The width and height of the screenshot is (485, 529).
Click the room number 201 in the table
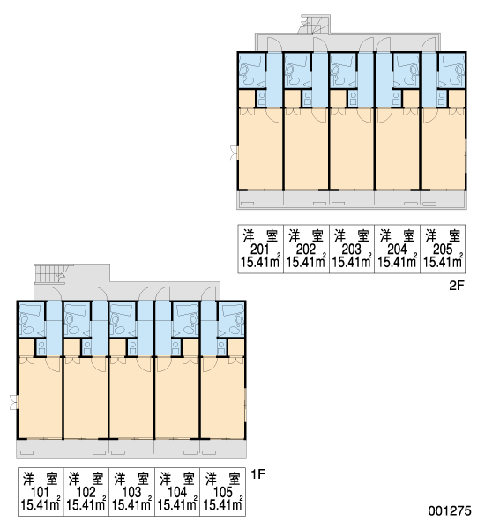(260, 250)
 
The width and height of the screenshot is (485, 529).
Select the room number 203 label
(351, 250)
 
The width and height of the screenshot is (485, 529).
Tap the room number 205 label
(443, 250)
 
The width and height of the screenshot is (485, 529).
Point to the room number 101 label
(40, 493)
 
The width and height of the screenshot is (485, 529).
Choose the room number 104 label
(177, 493)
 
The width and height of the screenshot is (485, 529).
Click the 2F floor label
(457, 286)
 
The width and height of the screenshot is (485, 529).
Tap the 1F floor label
(257, 474)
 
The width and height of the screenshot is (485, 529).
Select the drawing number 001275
(450, 510)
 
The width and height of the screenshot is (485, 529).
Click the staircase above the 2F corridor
(313, 25)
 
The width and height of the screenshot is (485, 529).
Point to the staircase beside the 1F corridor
(54, 273)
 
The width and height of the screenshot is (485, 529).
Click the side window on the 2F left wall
(235, 153)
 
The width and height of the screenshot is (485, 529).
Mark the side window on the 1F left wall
(13, 402)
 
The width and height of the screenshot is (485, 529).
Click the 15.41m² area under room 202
(306, 262)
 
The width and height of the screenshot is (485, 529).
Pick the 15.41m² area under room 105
(223, 504)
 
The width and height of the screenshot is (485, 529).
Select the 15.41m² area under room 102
(86, 504)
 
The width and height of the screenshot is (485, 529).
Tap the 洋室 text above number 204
(397, 235)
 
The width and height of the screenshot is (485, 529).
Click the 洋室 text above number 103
(131, 479)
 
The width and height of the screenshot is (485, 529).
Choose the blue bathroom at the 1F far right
(231, 319)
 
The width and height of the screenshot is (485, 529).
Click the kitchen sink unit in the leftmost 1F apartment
(41, 347)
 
